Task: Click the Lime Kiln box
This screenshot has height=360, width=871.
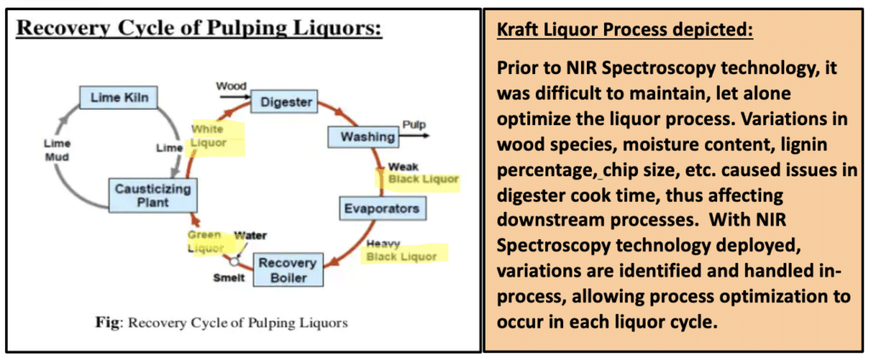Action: pos(118,98)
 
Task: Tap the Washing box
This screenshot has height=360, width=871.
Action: pos(361,137)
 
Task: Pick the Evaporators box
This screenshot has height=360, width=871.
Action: pos(382,209)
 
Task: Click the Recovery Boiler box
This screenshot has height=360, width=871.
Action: pos(287,270)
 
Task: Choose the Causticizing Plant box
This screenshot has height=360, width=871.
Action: pos(151,196)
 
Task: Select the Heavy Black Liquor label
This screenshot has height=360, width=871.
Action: pos(401,250)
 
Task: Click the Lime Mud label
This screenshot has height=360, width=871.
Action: pos(56,150)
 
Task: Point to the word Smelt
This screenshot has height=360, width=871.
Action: pos(229,278)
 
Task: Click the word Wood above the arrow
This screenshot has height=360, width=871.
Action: pos(231,86)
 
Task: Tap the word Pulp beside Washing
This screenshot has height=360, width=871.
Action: pos(414,124)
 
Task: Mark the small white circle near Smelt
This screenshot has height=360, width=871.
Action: pos(235,260)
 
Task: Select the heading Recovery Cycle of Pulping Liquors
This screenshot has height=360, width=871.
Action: pos(200,29)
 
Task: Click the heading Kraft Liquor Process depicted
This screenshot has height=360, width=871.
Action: pos(625,30)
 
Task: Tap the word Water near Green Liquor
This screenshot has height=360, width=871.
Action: pos(250,236)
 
